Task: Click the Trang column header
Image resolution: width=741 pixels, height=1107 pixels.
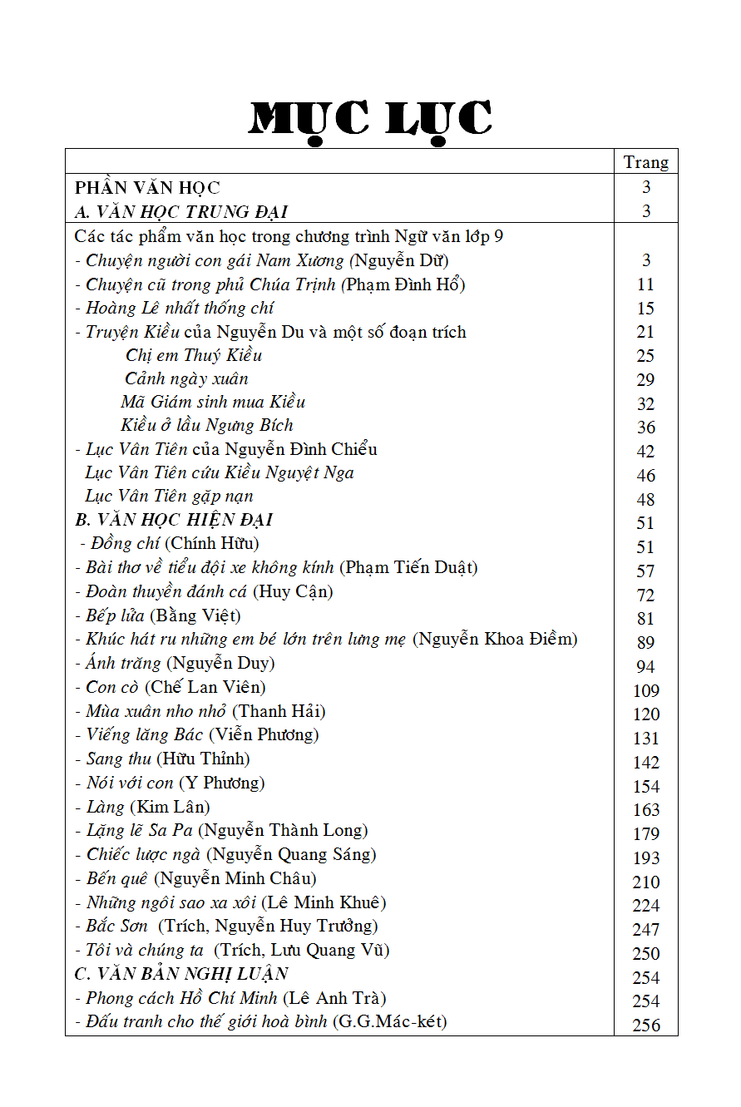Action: click(645, 162)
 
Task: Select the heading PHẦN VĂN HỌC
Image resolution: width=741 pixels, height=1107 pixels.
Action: click(147, 188)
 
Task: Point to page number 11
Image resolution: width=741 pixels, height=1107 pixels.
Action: click(645, 284)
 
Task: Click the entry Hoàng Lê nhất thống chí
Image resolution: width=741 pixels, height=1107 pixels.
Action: click(180, 308)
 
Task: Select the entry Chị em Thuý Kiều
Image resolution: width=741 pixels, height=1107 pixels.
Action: click(194, 355)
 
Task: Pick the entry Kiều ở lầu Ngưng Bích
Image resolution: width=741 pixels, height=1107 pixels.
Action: click(207, 425)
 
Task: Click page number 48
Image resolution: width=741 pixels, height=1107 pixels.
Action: click(645, 499)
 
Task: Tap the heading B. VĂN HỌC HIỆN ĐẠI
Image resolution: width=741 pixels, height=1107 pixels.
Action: click(174, 520)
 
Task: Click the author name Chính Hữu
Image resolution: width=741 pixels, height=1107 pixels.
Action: click(212, 544)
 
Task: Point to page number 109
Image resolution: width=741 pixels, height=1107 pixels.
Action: click(645, 690)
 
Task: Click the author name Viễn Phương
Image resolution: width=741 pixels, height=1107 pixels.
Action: click(264, 734)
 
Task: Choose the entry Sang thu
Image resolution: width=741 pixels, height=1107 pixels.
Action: click(119, 759)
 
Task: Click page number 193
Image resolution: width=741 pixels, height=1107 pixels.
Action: click(645, 857)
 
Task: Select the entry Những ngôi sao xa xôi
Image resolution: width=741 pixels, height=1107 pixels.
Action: click(171, 902)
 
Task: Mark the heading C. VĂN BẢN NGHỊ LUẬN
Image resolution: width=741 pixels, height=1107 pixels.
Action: click(181, 974)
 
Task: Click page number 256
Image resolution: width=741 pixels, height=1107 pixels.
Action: click(645, 1025)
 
